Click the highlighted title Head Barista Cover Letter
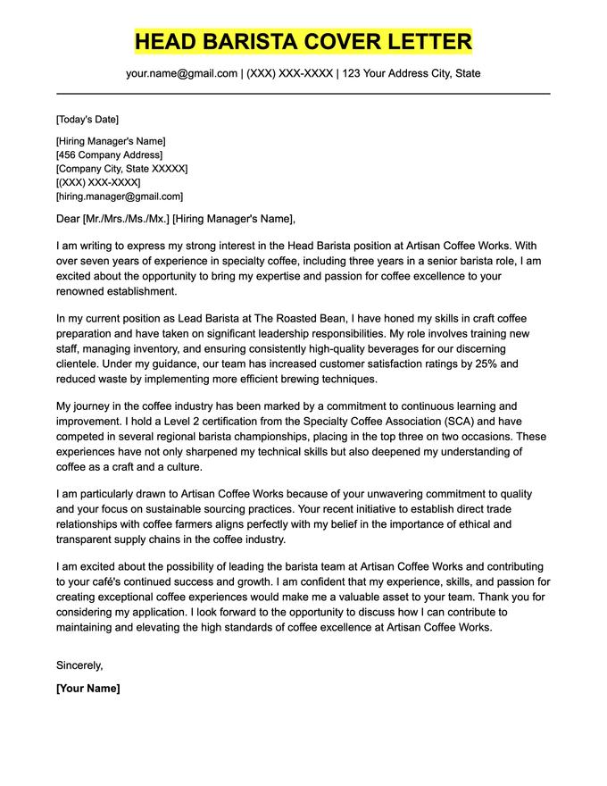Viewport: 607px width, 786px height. pos(303,41)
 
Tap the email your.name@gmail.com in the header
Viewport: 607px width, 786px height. pos(181,73)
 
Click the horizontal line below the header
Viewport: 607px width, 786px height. pos(303,93)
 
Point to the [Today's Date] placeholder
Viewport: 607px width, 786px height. pos(87,120)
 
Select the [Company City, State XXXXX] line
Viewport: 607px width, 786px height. pos(121,169)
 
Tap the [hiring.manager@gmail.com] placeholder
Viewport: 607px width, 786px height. pos(119,196)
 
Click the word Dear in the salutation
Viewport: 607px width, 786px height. pos(68,219)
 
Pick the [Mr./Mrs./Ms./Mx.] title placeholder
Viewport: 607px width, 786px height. pos(125,219)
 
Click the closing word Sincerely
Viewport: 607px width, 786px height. pos(79,665)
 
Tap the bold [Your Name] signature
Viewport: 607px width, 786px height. pos(87,689)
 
